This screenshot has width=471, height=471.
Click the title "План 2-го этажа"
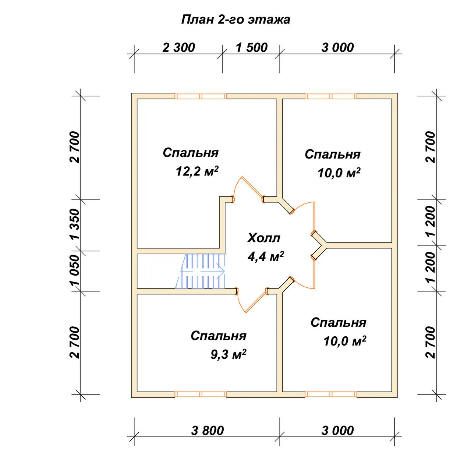point(235,20)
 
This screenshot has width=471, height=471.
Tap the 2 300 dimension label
point(179,48)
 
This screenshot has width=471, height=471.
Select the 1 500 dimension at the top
point(252,48)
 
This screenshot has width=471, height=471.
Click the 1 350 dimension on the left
point(75,224)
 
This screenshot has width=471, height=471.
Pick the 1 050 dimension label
point(75,270)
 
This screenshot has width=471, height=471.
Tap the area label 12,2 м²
point(197,171)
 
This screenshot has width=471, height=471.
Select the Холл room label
point(263,238)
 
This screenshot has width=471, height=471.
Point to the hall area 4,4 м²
point(266,256)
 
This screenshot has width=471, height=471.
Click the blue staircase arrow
point(202,271)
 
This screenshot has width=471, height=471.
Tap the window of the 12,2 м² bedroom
point(201,96)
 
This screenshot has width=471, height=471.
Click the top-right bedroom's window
point(331,96)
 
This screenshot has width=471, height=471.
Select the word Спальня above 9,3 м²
point(218,336)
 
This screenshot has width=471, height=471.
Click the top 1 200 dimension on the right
point(431,221)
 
